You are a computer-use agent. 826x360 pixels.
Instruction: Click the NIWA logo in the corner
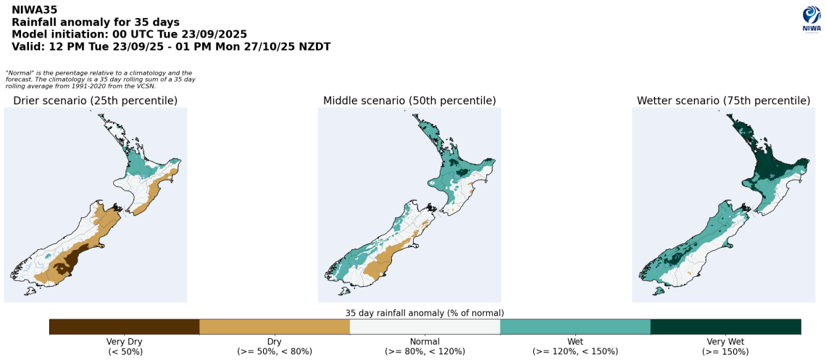click(x=811, y=19)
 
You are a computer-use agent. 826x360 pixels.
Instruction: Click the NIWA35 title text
click(x=35, y=10)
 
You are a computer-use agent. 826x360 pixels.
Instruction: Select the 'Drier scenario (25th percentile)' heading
click(x=95, y=101)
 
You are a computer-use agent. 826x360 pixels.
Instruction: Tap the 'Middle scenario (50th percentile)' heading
click(x=409, y=101)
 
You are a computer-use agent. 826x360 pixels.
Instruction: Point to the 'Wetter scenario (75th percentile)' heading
click(x=723, y=101)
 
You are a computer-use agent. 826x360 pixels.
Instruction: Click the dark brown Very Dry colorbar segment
click(x=124, y=327)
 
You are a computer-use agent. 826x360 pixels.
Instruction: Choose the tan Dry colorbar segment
click(x=274, y=327)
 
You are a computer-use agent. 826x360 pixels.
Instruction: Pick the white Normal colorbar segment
click(x=425, y=327)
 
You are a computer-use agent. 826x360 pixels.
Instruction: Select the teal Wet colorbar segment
click(x=575, y=327)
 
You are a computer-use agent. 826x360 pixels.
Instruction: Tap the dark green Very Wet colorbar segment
click(x=725, y=327)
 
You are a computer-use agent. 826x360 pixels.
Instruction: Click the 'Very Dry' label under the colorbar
click(x=125, y=341)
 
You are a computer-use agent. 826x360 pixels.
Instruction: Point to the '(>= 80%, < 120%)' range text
click(x=425, y=351)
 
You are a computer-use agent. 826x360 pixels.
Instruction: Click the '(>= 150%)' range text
click(x=725, y=351)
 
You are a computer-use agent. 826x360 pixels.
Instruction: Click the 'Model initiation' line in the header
click(x=130, y=34)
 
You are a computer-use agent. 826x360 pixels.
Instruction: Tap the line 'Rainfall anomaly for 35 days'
click(x=96, y=22)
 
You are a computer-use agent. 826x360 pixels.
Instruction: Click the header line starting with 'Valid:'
click(x=171, y=46)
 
